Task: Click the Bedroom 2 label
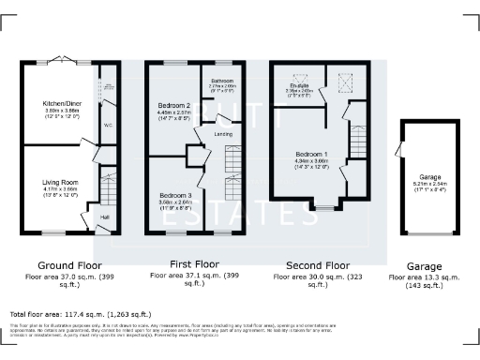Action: coord(174,105)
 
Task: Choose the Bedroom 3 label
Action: coord(174,194)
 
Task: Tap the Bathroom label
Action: coord(222,82)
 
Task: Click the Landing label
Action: coord(224,134)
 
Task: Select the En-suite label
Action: coord(298,85)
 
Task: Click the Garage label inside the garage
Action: coord(430,176)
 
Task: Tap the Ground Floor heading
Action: coord(64,265)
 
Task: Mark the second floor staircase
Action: coord(356,142)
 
